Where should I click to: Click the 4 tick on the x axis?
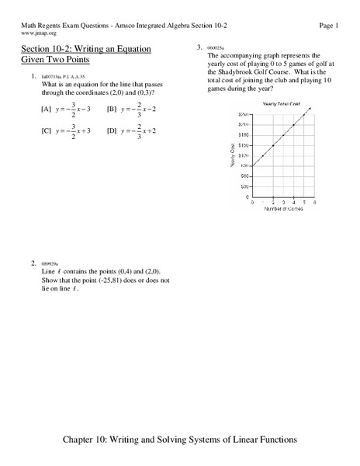tap(293, 202)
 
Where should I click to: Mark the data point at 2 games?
tap(273, 145)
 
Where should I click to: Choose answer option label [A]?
tap(46, 110)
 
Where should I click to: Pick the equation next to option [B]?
tap(144, 110)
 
